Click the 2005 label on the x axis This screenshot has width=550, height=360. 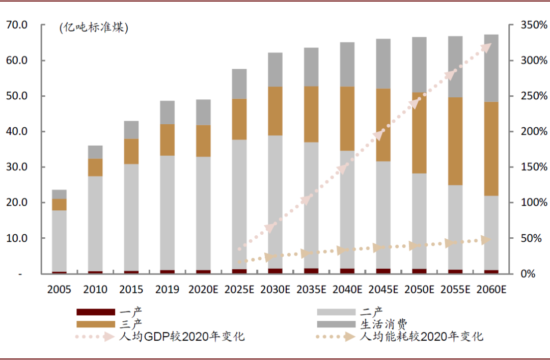[59, 290]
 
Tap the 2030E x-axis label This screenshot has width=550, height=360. [276, 290]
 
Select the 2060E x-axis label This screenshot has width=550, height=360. [491, 290]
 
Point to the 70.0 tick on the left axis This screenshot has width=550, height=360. [17, 25]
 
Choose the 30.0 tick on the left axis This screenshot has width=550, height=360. [17, 167]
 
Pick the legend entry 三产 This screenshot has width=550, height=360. [131, 324]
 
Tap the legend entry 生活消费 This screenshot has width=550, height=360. [384, 324]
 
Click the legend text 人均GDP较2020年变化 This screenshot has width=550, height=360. [182, 337]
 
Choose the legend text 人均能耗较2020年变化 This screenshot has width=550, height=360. [422, 337]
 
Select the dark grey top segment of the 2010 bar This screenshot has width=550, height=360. [95, 152]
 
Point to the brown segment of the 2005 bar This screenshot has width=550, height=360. [59, 204]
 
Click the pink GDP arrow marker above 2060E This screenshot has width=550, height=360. [486, 47]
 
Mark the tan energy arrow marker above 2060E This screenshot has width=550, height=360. [487, 239]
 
